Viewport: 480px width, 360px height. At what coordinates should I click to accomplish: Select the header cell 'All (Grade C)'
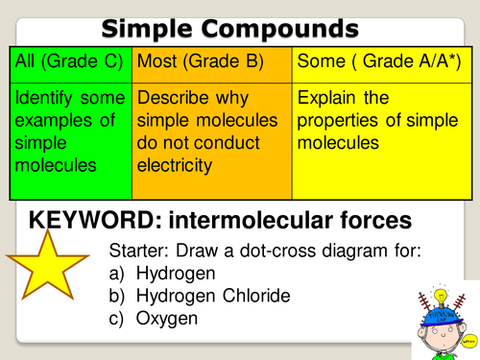(x=69, y=61)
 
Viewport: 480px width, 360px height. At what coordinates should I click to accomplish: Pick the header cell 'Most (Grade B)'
(x=189, y=61)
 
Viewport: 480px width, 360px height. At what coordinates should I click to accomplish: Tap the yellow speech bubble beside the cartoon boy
(x=469, y=338)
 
